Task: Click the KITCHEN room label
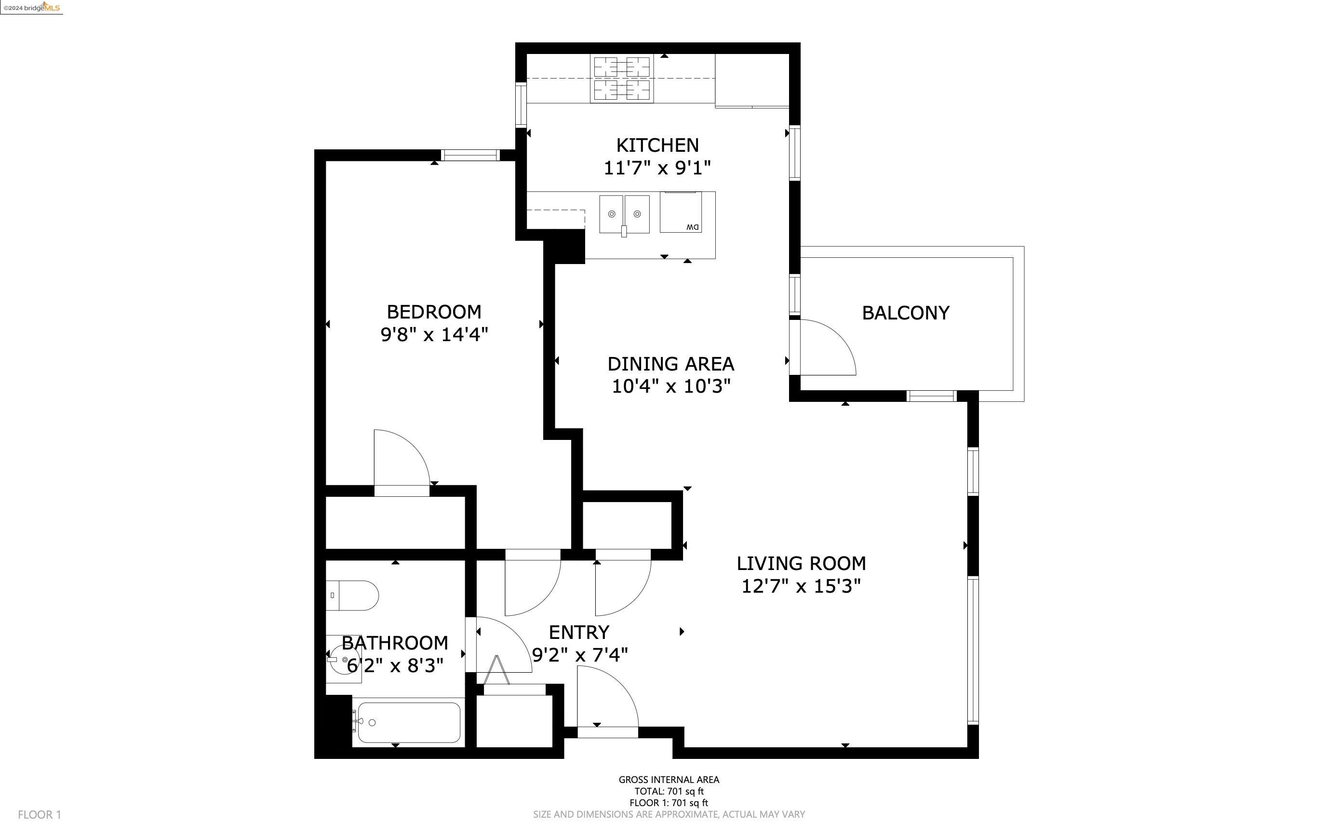pyautogui.click(x=657, y=145)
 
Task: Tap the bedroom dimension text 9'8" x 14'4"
pyautogui.click(x=434, y=334)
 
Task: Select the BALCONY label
pyautogui.click(x=905, y=313)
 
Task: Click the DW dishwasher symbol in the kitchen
pyautogui.click(x=681, y=212)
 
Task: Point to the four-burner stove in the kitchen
pyautogui.click(x=622, y=78)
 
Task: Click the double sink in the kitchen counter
pyautogui.click(x=624, y=214)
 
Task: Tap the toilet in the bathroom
pyautogui.click(x=352, y=596)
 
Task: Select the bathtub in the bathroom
pyautogui.click(x=408, y=722)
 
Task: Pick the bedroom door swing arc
pyautogui.click(x=402, y=458)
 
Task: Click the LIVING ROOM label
pyautogui.click(x=801, y=563)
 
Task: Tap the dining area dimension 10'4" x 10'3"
pyautogui.click(x=671, y=386)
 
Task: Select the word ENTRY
pyautogui.click(x=578, y=632)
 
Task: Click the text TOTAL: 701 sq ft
pyautogui.click(x=669, y=791)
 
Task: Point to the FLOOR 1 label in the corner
pyautogui.click(x=39, y=814)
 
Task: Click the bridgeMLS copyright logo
pyautogui.click(x=31, y=7)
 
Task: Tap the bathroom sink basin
pyautogui.click(x=344, y=660)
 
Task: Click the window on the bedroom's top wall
pyautogui.click(x=470, y=155)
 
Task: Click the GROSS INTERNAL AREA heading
pyautogui.click(x=669, y=780)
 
